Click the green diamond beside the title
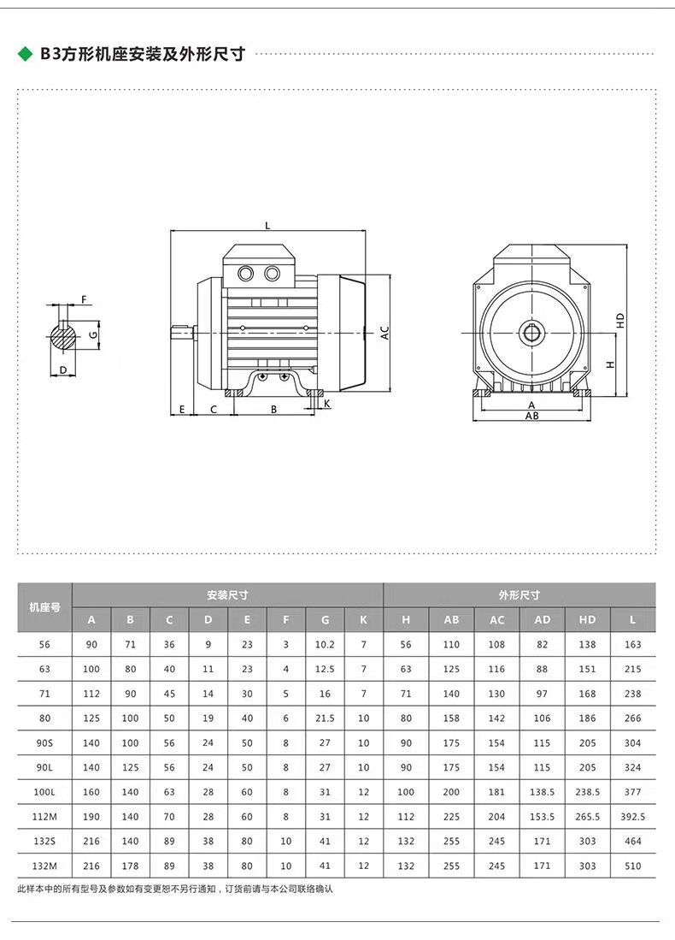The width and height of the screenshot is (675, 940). coord(25,54)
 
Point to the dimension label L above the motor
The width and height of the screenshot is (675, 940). coord(267,226)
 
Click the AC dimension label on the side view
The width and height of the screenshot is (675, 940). coord(385,333)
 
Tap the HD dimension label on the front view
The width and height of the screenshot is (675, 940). coord(620,320)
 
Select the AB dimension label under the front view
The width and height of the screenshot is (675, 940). coord(531,416)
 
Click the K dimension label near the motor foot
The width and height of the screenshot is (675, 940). coord(327,404)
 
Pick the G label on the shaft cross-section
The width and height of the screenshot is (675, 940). coord(93,334)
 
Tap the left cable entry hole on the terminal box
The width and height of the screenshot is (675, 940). coord(245,274)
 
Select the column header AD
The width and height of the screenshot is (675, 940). coord(542,620)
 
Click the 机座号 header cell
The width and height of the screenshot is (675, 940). coord(45,607)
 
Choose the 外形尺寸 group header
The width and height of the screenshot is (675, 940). coord(519,594)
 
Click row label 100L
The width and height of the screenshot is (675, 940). coord(44,792)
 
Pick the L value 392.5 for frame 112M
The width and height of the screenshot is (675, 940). coord(632,817)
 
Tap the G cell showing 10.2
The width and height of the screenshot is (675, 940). coord(325,644)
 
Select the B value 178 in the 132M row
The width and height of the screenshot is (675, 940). coord(130,866)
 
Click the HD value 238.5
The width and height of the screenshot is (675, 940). coord(587,792)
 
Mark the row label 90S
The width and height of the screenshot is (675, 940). coord(44,742)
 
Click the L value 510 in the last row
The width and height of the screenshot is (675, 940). coord(632,866)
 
